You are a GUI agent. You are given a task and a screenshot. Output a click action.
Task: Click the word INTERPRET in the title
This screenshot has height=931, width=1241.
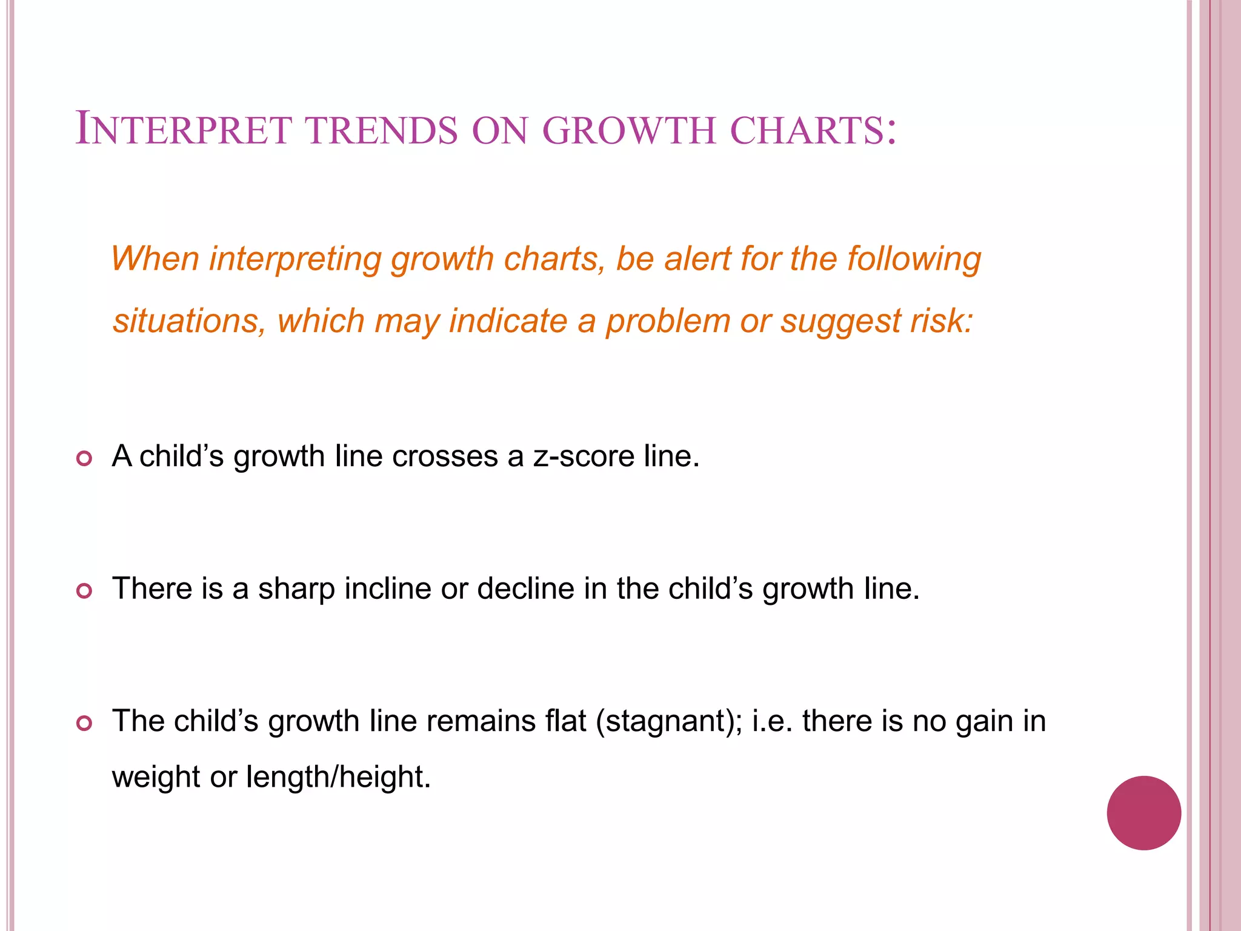coord(183,129)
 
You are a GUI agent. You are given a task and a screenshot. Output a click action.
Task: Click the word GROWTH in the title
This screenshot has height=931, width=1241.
coord(629,130)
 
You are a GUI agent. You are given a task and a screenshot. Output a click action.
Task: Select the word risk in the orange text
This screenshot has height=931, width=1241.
coord(940,321)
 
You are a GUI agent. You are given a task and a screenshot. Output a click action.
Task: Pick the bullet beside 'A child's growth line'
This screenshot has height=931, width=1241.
coord(84,459)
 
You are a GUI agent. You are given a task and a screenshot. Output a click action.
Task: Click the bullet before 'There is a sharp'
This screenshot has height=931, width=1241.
coord(84,591)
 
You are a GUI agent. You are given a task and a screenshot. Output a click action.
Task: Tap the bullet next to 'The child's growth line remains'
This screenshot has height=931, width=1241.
coord(84,723)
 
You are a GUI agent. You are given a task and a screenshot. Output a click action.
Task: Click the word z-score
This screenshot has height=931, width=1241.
coord(583,456)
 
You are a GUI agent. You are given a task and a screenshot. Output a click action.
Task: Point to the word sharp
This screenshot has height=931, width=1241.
coord(297,589)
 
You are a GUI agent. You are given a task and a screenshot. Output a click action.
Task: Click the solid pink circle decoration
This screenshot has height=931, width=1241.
coord(1143,813)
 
